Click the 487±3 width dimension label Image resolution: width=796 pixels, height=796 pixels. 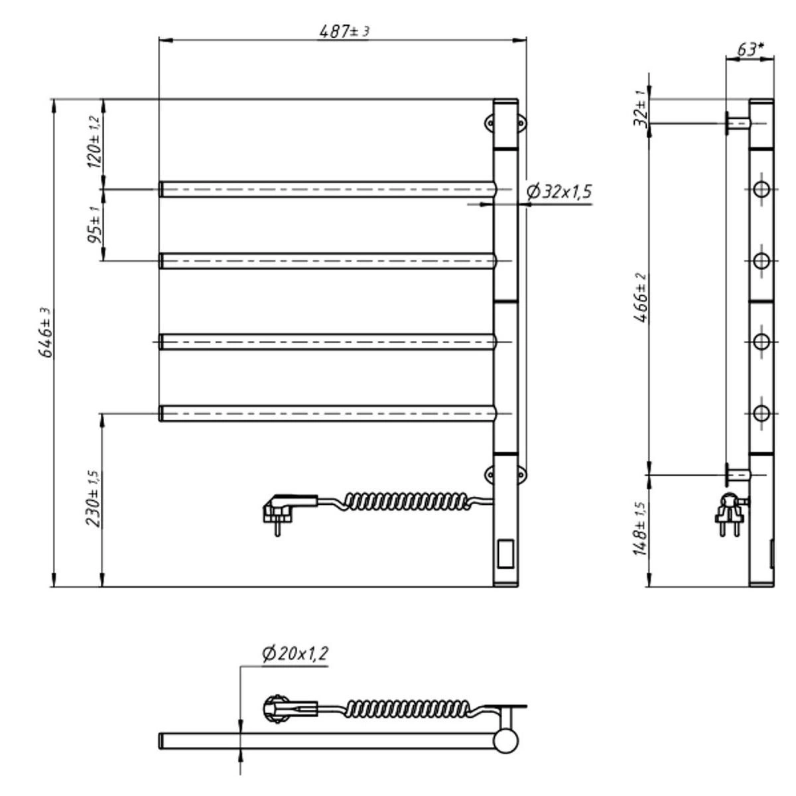(x=344, y=32)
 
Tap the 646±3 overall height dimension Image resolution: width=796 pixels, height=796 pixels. (x=46, y=332)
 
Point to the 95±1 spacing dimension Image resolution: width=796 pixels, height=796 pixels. (x=95, y=224)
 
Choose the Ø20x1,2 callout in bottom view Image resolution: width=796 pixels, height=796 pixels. (x=295, y=654)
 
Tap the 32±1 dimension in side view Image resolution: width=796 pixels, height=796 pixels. (x=641, y=109)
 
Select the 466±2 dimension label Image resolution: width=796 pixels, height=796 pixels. (x=641, y=297)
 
